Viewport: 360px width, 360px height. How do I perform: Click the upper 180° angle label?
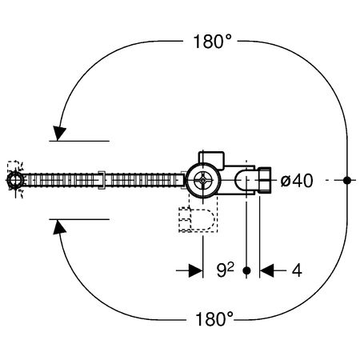pyautogui.click(x=212, y=42)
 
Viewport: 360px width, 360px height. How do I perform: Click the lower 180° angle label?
pyautogui.click(x=214, y=319)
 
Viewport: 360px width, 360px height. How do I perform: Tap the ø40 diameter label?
pyautogui.click(x=297, y=181)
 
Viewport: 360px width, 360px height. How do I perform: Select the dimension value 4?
pyautogui.click(x=297, y=270)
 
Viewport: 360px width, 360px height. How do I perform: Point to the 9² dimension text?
pyautogui.click(x=226, y=270)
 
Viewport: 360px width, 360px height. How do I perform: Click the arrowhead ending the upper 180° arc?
pyautogui.click(x=59, y=133)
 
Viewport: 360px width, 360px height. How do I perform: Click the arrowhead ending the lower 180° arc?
pyautogui.click(x=59, y=227)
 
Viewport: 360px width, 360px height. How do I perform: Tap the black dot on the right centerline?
pyautogui.click(x=346, y=181)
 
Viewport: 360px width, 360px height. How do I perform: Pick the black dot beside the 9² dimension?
pyautogui.click(x=247, y=270)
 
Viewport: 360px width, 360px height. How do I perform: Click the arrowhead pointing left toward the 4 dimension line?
pyautogui.click(x=267, y=270)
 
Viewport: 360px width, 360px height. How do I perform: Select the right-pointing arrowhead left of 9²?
pyautogui.click(x=195, y=270)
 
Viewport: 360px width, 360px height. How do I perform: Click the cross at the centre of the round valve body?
pyautogui.click(x=203, y=181)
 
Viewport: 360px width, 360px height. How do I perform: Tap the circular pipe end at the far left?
pyautogui.click(x=15, y=180)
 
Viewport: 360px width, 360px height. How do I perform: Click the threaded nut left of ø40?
pyautogui.click(x=265, y=180)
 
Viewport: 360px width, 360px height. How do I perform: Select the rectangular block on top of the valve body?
pyautogui.click(x=211, y=160)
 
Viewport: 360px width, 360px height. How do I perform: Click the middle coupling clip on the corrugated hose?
pyautogui.click(x=102, y=180)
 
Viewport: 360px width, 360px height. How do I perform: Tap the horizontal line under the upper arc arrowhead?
pyautogui.click(x=79, y=141)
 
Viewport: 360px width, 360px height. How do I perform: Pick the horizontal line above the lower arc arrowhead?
pyautogui.click(x=79, y=219)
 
